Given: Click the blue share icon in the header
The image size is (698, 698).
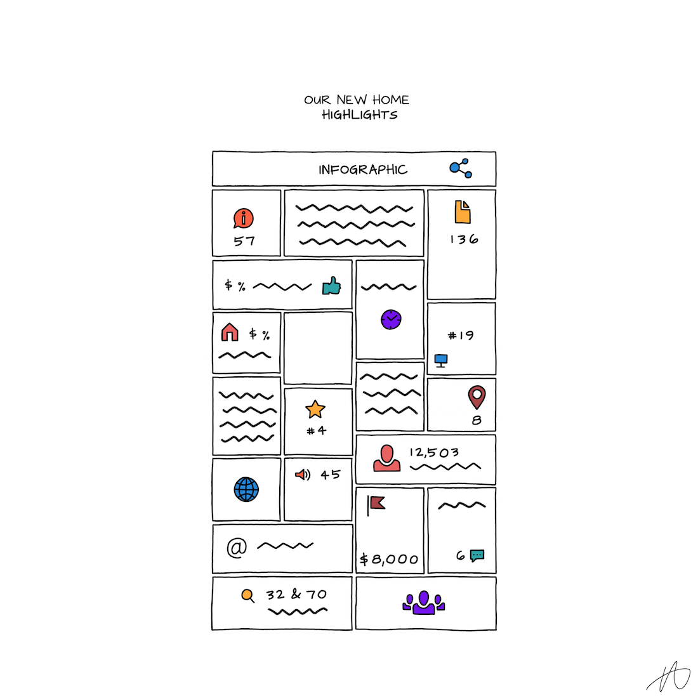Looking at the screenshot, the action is [x=460, y=168].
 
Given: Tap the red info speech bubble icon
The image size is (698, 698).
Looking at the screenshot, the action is [x=243, y=218].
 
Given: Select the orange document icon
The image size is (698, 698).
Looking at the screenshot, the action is [x=463, y=211].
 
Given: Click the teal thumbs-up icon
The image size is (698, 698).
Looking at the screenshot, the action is [x=332, y=286].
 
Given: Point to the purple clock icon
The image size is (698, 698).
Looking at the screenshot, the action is [x=391, y=319].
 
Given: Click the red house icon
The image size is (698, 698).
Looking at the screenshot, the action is [x=230, y=332].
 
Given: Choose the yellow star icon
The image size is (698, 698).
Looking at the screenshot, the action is [x=315, y=409].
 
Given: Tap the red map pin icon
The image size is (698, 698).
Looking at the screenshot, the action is [x=477, y=396].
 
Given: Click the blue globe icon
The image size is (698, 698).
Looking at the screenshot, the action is [x=246, y=489].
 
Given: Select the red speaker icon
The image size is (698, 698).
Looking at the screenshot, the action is [x=303, y=475].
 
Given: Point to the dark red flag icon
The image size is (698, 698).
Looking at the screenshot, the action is [x=376, y=505].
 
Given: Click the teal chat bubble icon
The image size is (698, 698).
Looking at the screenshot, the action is [x=477, y=556].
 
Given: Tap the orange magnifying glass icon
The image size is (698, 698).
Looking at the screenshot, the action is [x=247, y=596].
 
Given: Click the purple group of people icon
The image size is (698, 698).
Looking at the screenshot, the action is [x=423, y=603].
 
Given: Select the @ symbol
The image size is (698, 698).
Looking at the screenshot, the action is [x=237, y=548].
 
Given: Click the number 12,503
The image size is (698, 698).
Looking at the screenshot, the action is [x=434, y=452].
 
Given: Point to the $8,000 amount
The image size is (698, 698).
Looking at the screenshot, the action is [x=389, y=559].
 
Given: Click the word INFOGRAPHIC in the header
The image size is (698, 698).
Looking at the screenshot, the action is [x=363, y=169].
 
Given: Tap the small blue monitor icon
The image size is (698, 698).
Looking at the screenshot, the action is [x=441, y=360].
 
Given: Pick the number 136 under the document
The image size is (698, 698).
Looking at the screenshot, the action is [x=464, y=239].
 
